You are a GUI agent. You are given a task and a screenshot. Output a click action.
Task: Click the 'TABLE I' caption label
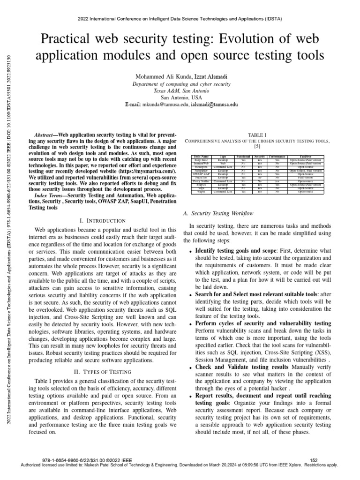coord(257,134)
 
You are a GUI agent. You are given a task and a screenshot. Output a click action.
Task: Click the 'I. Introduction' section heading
coord(103,220)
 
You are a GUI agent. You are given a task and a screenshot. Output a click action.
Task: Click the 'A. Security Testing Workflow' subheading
coord(218,214)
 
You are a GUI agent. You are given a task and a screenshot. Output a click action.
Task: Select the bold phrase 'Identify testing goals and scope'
coord(236,251)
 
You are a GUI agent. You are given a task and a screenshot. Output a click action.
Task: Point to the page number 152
coord(315,460)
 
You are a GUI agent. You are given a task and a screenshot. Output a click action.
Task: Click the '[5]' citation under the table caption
coord(257,146)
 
